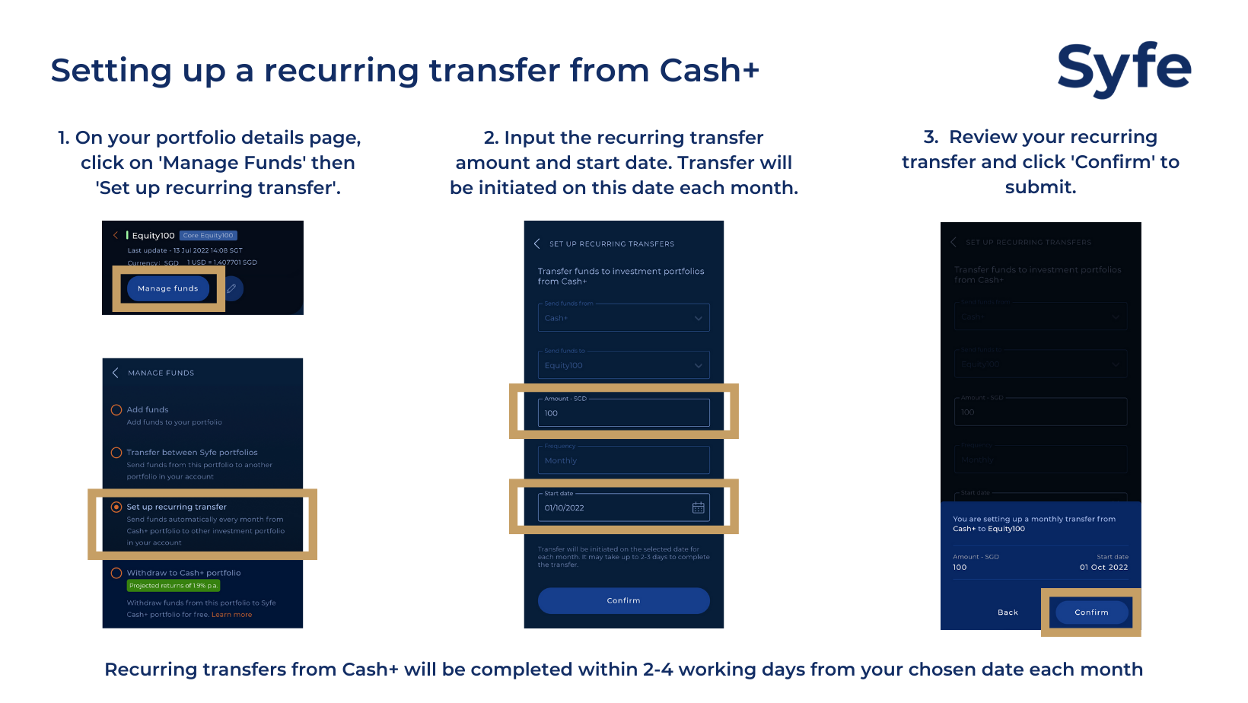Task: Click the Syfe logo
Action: pyautogui.click(x=1123, y=68)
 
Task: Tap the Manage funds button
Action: pyautogui.click(x=168, y=288)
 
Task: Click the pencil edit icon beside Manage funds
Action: pyautogui.click(x=232, y=288)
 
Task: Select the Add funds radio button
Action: pyautogui.click(x=116, y=410)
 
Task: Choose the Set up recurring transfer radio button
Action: pyautogui.click(x=116, y=507)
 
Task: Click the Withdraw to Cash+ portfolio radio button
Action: pyautogui.click(x=116, y=573)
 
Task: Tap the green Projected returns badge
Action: pyautogui.click(x=174, y=586)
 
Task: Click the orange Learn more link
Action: pyautogui.click(x=231, y=615)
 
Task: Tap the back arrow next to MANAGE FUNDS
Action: pyautogui.click(x=115, y=373)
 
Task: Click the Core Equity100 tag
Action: pyautogui.click(x=209, y=236)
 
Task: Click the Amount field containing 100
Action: pyautogui.click(x=623, y=413)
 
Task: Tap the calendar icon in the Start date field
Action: pyautogui.click(x=698, y=507)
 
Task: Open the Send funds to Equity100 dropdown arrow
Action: pyautogui.click(x=698, y=366)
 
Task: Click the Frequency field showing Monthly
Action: pyautogui.click(x=623, y=460)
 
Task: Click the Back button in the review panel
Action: pyautogui.click(x=1008, y=612)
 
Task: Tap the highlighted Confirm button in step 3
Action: pyautogui.click(x=1091, y=612)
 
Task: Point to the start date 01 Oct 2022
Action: pyautogui.click(x=1103, y=568)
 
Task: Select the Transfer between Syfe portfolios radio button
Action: pyautogui.click(x=116, y=453)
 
